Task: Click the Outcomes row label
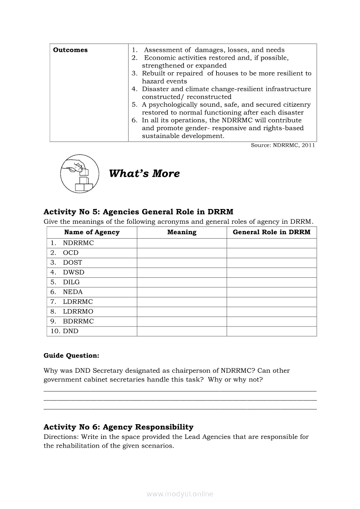click(x=70, y=50)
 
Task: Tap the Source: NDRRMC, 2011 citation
click(x=283, y=145)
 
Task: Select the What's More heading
click(x=144, y=174)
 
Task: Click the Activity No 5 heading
click(x=138, y=212)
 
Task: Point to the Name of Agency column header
click(x=92, y=233)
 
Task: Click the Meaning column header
click(x=182, y=233)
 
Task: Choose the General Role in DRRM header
click(x=272, y=233)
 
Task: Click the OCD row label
click(x=71, y=253)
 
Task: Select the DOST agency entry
click(x=72, y=263)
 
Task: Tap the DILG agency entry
click(x=71, y=282)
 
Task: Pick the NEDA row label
click(x=73, y=292)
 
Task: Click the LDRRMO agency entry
click(x=78, y=312)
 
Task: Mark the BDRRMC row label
click(x=78, y=321)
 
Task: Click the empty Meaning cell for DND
click(x=182, y=331)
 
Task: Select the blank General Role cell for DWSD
click(x=272, y=273)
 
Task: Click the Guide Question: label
click(x=71, y=356)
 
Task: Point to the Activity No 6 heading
click(x=119, y=427)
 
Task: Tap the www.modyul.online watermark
click(x=180, y=494)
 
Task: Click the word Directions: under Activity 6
click(x=59, y=437)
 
